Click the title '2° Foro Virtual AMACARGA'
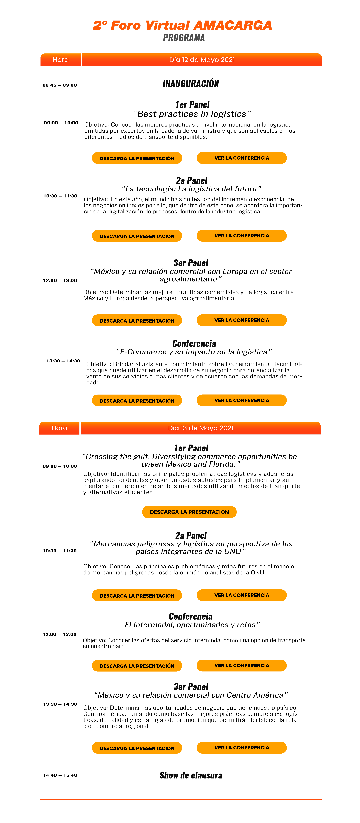[x=182, y=26]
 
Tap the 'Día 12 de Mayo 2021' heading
[x=202, y=60]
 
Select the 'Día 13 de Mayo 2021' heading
[x=201, y=428]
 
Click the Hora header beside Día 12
[x=61, y=60]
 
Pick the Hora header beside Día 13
[x=59, y=428]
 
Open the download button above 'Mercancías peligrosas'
[x=189, y=512]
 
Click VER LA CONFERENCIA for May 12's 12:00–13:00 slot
[x=242, y=236]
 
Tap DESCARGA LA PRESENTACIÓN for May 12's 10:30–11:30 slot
[x=137, y=158]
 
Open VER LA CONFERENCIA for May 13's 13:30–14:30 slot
[x=242, y=665]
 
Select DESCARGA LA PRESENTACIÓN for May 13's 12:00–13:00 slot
[x=137, y=596]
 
